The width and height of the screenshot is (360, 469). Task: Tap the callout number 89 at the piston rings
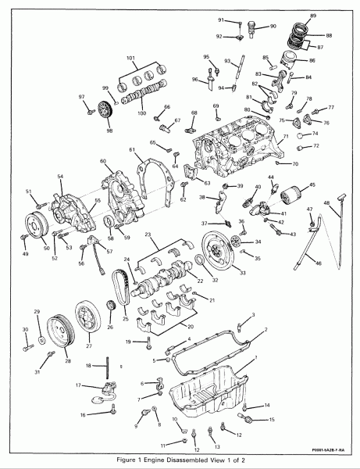tap(313, 16)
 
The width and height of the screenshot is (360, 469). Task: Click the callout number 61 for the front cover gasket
tap(132, 150)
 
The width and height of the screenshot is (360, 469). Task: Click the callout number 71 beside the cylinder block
tap(286, 137)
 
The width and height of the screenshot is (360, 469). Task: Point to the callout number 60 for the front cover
tap(102, 162)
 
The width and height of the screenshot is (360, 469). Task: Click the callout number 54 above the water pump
tap(59, 177)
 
